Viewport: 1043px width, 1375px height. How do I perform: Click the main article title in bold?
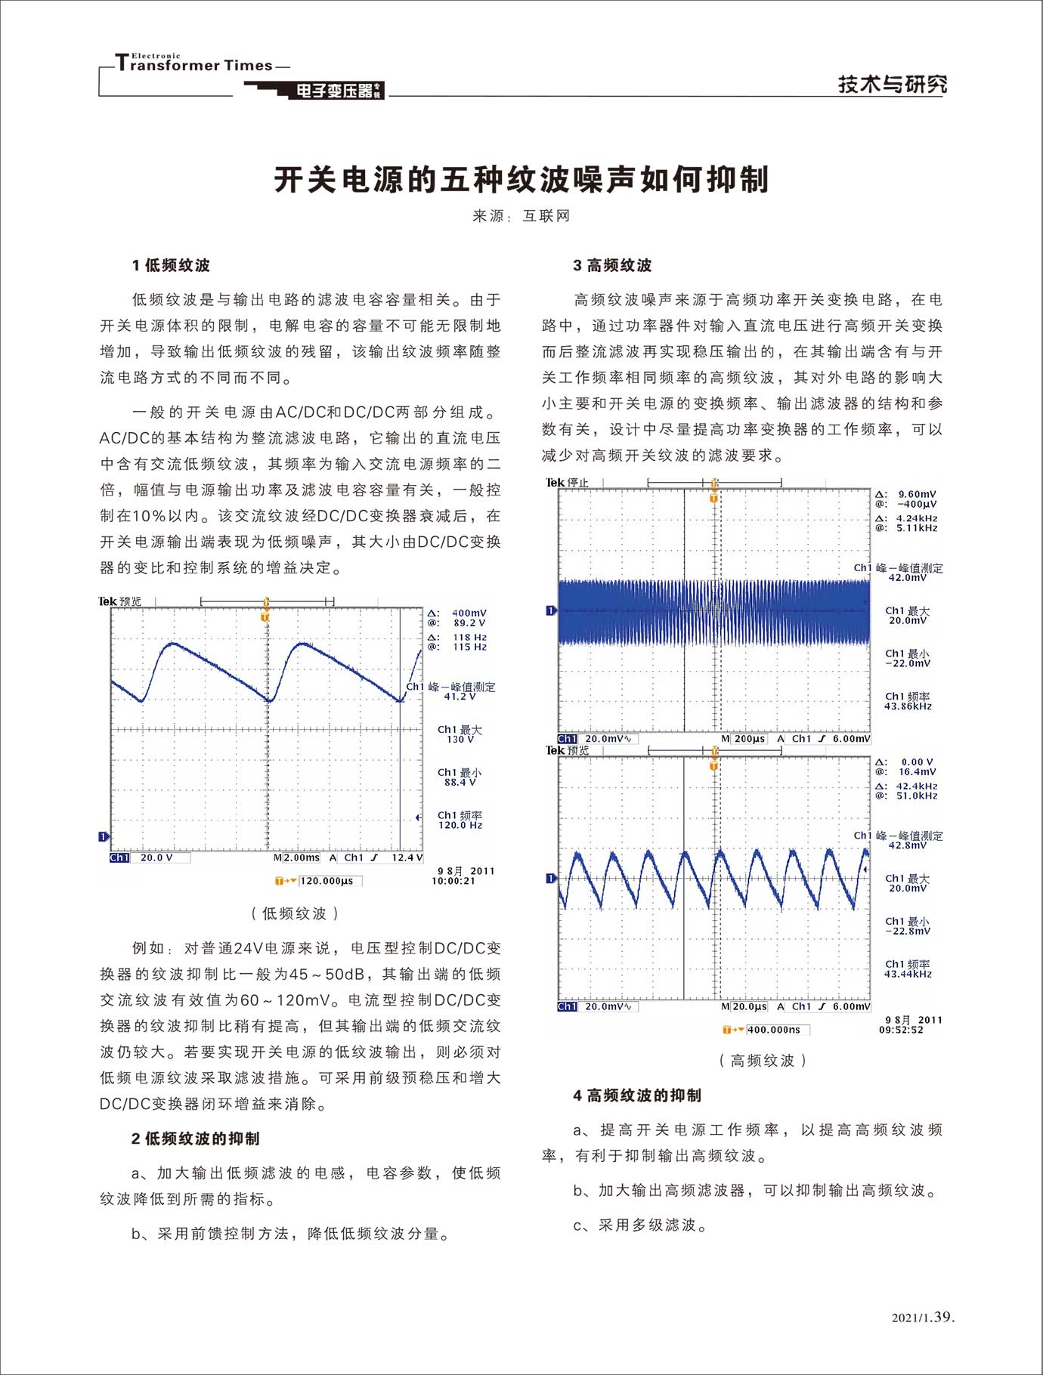click(521, 180)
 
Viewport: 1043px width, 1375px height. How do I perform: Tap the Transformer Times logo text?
click(195, 64)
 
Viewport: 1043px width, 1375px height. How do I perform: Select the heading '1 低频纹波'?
click(171, 265)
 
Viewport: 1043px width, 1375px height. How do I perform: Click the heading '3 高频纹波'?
click(612, 265)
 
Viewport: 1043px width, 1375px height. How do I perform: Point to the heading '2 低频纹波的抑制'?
click(195, 1139)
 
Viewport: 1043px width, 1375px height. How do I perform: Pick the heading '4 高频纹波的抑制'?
click(637, 1095)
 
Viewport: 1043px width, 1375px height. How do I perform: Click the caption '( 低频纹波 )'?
click(294, 913)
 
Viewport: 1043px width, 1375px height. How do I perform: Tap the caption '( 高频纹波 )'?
click(763, 1061)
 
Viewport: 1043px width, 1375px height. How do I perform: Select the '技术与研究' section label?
click(892, 84)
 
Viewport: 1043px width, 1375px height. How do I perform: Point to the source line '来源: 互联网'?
click(521, 216)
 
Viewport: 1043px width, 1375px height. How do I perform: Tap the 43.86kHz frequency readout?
click(908, 707)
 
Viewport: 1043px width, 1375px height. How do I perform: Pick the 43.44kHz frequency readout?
click(908, 975)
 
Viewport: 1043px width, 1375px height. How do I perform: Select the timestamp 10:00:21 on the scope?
click(453, 881)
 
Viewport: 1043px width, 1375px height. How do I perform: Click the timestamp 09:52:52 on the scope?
click(901, 1030)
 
